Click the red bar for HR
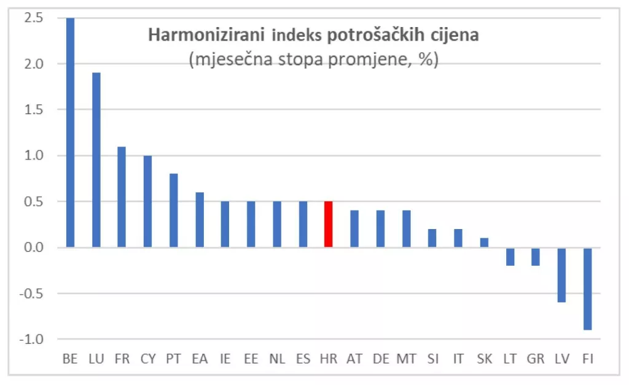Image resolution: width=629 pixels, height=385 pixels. [328, 224]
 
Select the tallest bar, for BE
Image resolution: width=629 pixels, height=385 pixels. [70, 132]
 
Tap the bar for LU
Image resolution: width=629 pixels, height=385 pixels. [96, 160]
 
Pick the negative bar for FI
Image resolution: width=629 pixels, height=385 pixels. [587, 289]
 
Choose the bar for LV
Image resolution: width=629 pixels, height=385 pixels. [561, 274]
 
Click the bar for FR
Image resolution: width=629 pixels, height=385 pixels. [122, 196]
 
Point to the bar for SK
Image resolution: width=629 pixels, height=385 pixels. [483, 243]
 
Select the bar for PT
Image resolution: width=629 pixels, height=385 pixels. [173, 210]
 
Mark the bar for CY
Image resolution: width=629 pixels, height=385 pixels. [147, 201]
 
